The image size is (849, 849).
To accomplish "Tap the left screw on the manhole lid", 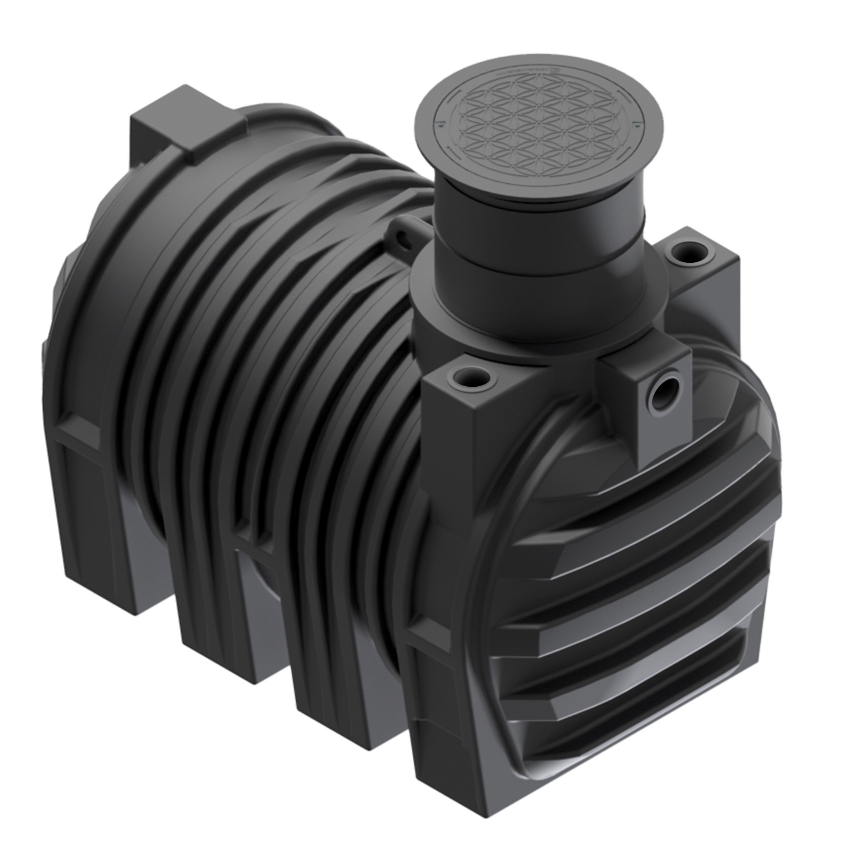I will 440,126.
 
